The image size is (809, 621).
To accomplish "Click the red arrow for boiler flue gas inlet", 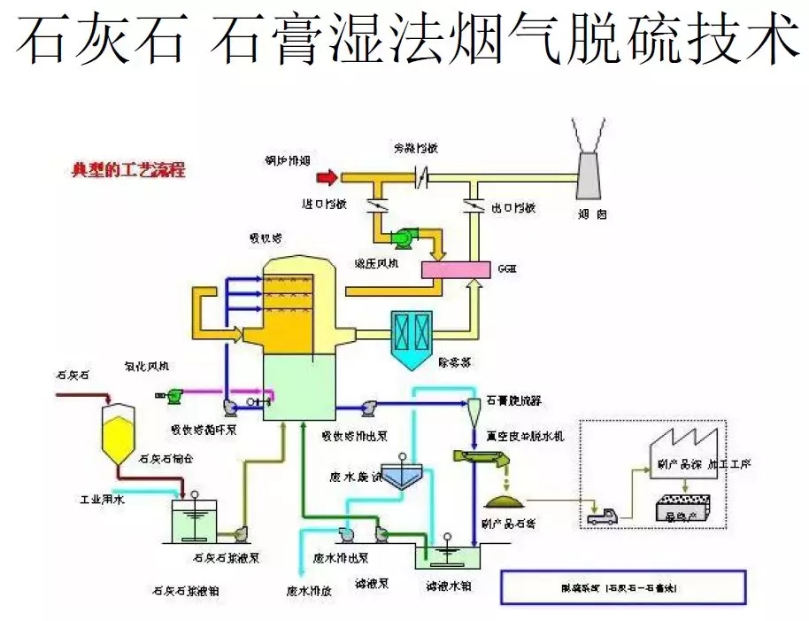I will point(327,178).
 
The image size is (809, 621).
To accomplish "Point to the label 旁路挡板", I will point(417,147).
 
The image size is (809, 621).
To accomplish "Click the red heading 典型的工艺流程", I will point(128,169).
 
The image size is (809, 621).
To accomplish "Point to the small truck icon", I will point(602,516).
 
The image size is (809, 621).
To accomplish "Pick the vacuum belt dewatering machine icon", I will point(483,459).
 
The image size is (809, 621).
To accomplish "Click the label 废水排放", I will point(309,591).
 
